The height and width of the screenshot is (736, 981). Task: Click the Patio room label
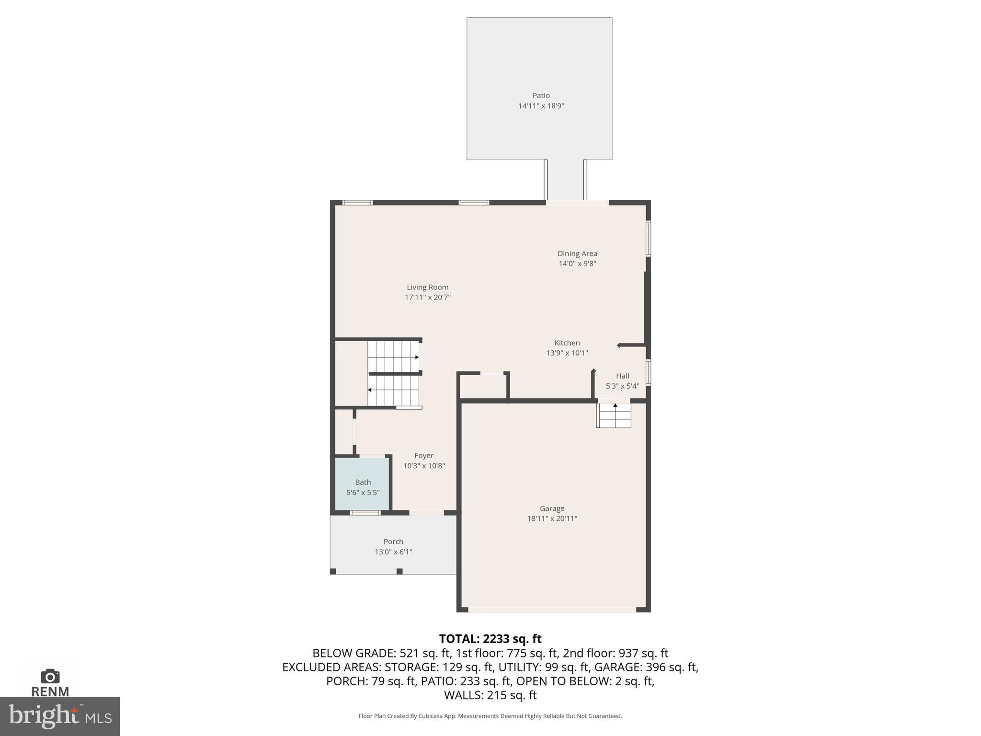pyautogui.click(x=541, y=95)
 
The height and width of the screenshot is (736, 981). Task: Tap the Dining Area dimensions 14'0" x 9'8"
pyautogui.click(x=577, y=264)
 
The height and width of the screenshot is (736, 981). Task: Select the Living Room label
pyautogui.click(x=427, y=287)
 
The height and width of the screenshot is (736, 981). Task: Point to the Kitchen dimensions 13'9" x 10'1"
pyautogui.click(x=567, y=353)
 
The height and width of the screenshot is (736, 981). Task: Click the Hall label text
pyautogui.click(x=622, y=376)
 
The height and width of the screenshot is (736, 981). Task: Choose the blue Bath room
pyautogui.click(x=362, y=484)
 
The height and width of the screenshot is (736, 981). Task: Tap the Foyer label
pyautogui.click(x=424, y=456)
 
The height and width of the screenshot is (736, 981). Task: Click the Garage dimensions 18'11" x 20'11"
pyautogui.click(x=552, y=518)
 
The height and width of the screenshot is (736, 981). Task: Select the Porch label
pyautogui.click(x=393, y=541)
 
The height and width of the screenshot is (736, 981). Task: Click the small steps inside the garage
pyautogui.click(x=614, y=416)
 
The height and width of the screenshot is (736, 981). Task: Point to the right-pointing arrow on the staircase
pyautogui.click(x=416, y=357)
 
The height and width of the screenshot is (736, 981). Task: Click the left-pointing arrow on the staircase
pyautogui.click(x=370, y=390)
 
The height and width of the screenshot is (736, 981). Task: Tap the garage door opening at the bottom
pyautogui.click(x=552, y=609)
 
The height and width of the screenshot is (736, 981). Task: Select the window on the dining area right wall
pyautogui.click(x=648, y=238)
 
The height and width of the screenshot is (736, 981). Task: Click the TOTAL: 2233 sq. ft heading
pyautogui.click(x=490, y=639)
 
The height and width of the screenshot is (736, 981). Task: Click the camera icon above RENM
pyautogui.click(x=50, y=676)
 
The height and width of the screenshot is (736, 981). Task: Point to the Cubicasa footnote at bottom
pyautogui.click(x=490, y=716)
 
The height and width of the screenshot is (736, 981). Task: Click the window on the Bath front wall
pyautogui.click(x=365, y=513)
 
